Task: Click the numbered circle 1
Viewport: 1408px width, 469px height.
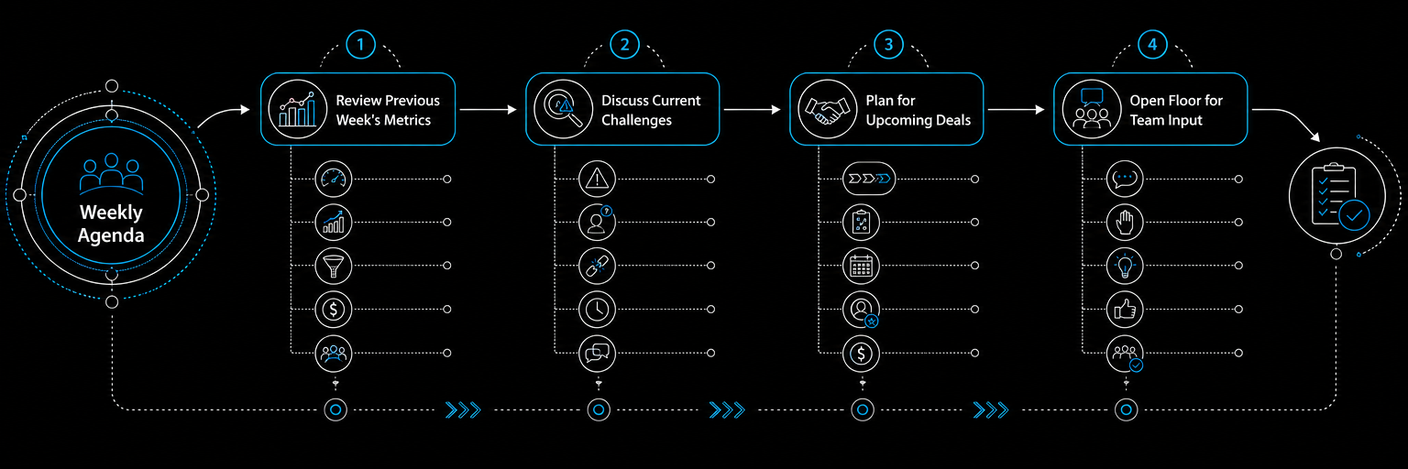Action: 360,45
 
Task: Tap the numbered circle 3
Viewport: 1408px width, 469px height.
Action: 888,45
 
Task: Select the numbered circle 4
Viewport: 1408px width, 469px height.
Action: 1152,45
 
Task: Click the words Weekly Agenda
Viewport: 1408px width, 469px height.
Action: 111,224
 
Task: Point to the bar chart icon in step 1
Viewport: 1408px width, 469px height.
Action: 297,109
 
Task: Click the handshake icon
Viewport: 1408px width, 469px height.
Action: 827,109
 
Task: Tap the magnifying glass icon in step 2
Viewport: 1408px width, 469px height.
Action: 563,109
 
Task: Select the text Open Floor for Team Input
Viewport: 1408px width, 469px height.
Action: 1175,110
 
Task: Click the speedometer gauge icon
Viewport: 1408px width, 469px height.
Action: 333,179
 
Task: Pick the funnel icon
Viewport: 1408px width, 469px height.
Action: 333,266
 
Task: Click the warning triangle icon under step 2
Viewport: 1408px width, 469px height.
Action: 597,179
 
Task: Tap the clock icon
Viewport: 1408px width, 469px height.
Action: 597,309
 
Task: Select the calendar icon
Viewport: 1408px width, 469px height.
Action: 861,266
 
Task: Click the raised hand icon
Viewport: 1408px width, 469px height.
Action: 1125,223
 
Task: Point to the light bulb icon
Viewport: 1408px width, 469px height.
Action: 1125,266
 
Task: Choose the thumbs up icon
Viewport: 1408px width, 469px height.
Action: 1125,309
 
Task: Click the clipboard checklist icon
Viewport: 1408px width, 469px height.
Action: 1337,196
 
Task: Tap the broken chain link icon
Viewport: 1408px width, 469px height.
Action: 597,266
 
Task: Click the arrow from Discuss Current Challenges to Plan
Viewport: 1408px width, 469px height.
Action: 752,109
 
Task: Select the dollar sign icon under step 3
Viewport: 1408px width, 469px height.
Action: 861,353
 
